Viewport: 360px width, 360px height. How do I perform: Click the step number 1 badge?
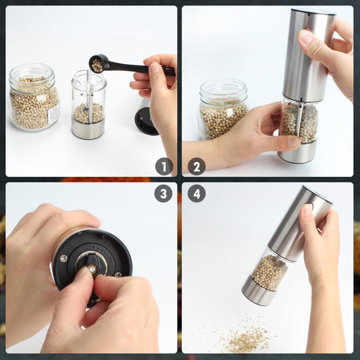(163, 166)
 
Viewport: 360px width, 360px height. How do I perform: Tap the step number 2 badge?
(197, 166)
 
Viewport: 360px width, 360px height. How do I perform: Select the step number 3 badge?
(163, 194)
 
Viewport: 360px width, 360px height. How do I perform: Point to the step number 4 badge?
(197, 194)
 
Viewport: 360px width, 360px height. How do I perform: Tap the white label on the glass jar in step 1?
(54, 114)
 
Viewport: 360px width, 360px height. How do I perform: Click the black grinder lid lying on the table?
(146, 121)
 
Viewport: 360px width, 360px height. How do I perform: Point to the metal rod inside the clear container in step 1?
(89, 97)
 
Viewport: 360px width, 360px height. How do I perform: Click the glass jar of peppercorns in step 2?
(223, 109)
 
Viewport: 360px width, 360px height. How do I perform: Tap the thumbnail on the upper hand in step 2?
(305, 36)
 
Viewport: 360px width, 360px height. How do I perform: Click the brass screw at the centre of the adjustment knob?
(93, 269)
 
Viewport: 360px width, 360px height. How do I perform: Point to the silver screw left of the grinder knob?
(63, 258)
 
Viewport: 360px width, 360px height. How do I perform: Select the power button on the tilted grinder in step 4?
(310, 205)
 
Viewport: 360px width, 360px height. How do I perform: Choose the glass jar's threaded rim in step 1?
(32, 72)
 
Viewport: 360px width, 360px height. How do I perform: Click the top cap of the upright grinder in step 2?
(313, 11)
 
